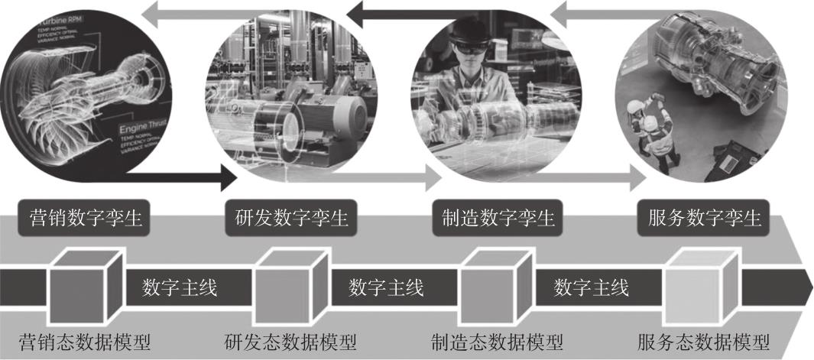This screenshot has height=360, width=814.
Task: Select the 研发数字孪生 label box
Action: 288,218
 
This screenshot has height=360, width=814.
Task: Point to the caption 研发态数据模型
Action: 291,340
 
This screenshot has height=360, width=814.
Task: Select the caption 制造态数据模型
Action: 496,340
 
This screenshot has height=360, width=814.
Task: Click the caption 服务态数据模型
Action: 702,340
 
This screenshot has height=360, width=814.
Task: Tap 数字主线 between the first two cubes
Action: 180,287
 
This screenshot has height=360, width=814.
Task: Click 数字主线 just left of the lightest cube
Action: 592,287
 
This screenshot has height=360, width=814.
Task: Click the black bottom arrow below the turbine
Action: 183,181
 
